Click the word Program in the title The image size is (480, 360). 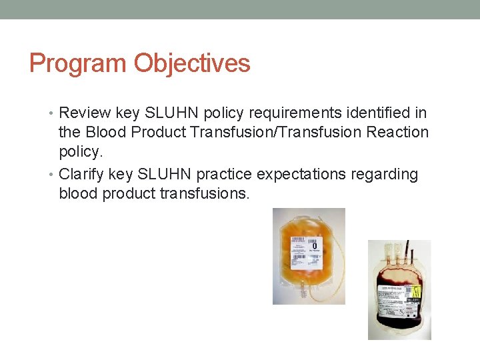pyautogui.click(x=79, y=64)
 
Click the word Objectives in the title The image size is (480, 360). pyautogui.click(x=192, y=64)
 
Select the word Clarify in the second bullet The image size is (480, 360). pyautogui.click(x=81, y=175)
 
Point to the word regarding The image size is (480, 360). pyautogui.click(x=389, y=175)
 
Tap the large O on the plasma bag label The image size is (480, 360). pyautogui.click(x=314, y=247)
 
